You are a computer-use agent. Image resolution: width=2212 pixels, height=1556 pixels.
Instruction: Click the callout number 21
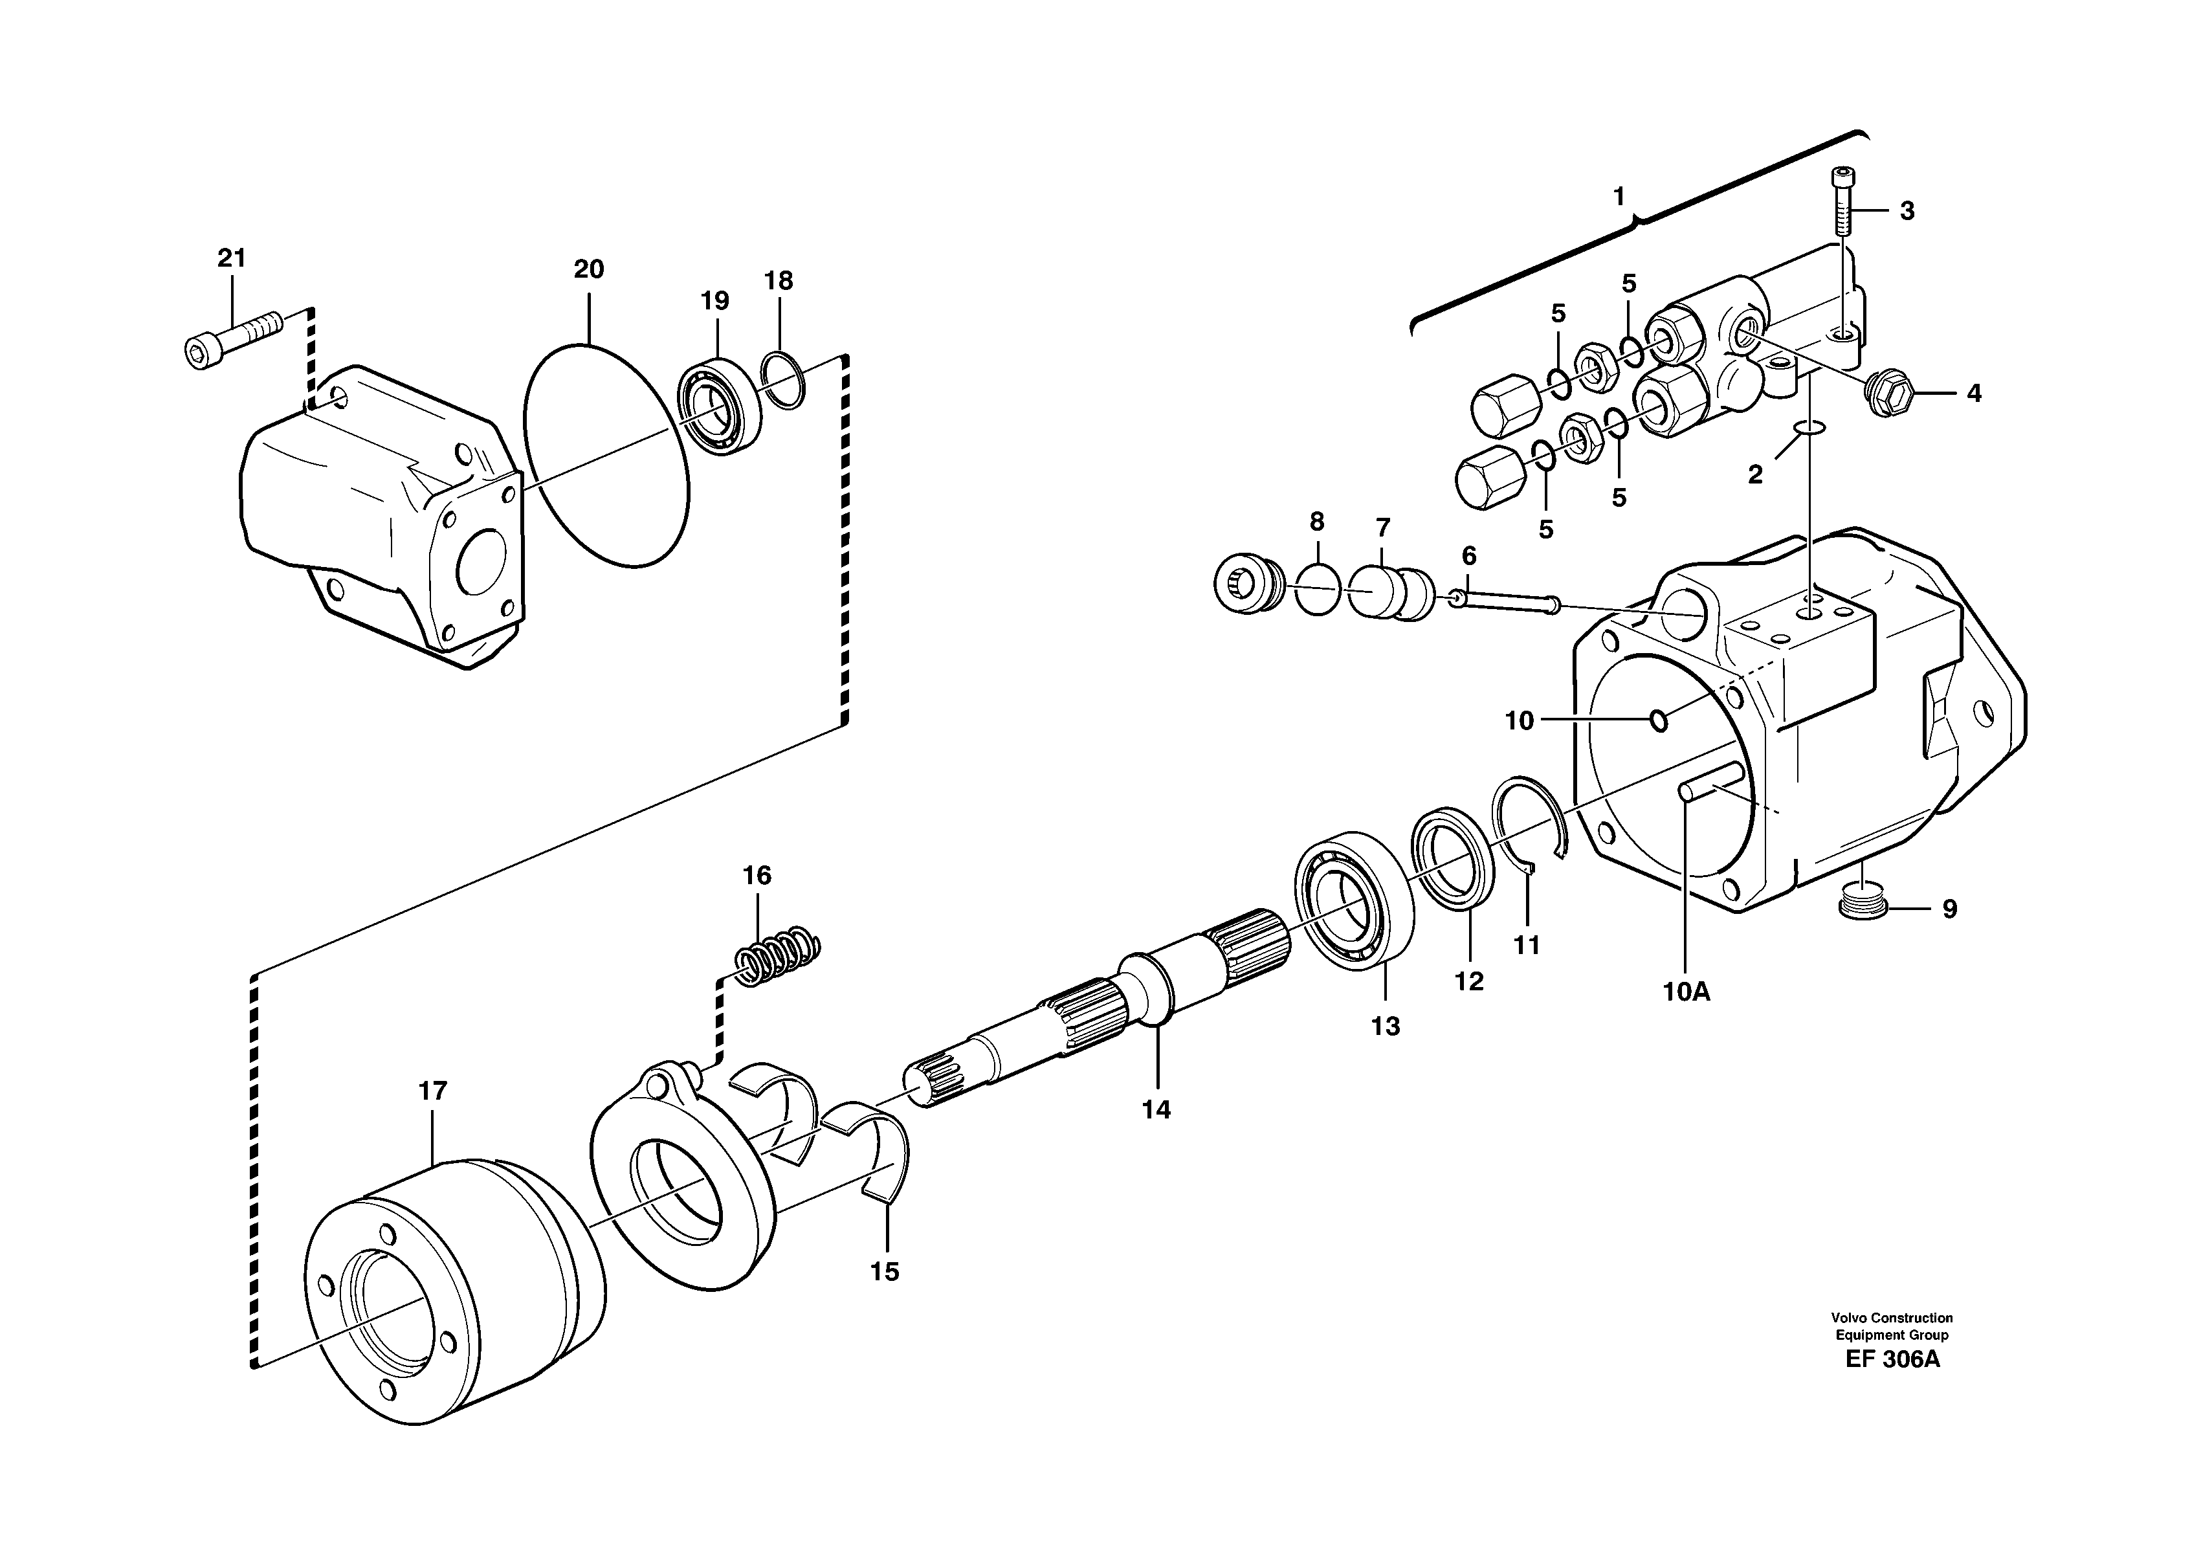point(231,258)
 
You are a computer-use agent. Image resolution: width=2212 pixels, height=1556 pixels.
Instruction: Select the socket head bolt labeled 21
point(231,339)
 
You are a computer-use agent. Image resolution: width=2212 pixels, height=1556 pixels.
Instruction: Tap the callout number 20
point(589,270)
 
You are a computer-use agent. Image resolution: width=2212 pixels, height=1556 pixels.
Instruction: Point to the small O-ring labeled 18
point(782,381)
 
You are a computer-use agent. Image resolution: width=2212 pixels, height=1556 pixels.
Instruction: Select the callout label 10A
point(1685,992)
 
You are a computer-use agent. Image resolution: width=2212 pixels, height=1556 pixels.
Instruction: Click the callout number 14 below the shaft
point(1156,1110)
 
